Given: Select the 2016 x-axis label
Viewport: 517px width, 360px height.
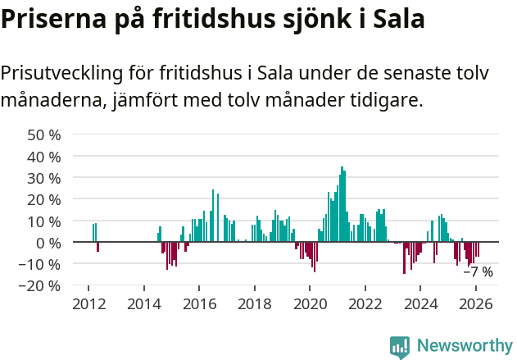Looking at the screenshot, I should point(199,303).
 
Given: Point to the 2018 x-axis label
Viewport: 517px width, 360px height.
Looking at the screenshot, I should point(254,303).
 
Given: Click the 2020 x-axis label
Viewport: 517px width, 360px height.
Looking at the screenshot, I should point(310,303).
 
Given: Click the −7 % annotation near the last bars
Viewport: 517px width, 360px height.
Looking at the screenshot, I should point(478,272).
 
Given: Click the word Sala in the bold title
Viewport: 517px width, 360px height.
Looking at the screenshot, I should point(398,19).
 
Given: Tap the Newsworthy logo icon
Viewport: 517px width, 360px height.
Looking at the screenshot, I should point(400,347).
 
